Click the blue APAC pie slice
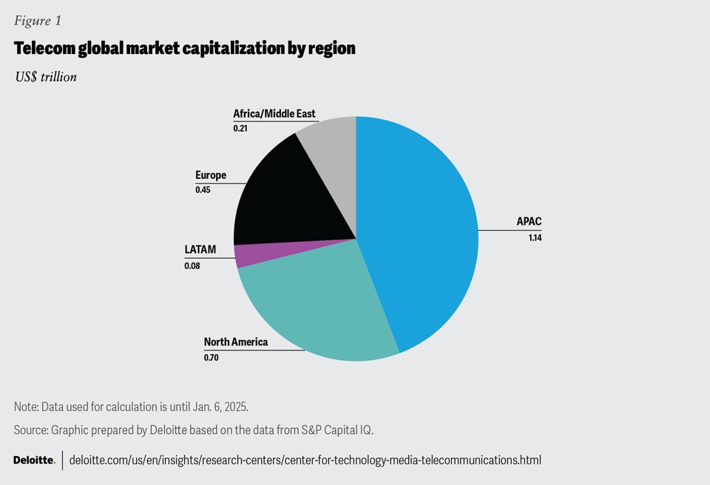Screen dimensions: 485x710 point(422,229)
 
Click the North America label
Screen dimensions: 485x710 point(236,342)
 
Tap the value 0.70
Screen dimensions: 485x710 point(212,358)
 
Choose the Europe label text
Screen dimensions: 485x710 point(211,175)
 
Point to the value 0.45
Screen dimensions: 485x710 point(203,190)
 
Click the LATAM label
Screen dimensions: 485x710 point(200,249)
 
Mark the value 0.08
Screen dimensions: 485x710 point(192,265)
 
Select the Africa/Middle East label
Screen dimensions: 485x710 point(274,113)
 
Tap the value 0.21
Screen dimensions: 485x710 point(240,129)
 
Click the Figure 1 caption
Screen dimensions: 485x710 point(38,21)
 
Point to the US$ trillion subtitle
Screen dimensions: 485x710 point(45,76)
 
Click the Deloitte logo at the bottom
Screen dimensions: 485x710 point(34,460)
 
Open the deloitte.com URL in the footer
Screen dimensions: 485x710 point(305,460)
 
